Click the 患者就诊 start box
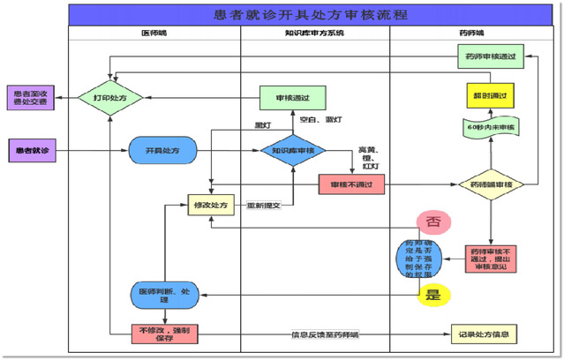[x=34, y=150]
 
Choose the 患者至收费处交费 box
[x=34, y=96]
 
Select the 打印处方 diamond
[x=110, y=96]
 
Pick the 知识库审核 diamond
[x=294, y=151]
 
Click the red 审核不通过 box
[x=351, y=184]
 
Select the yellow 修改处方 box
[x=210, y=206]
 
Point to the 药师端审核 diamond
[x=492, y=184]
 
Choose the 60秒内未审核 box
[x=491, y=127]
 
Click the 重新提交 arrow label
[x=264, y=206]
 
